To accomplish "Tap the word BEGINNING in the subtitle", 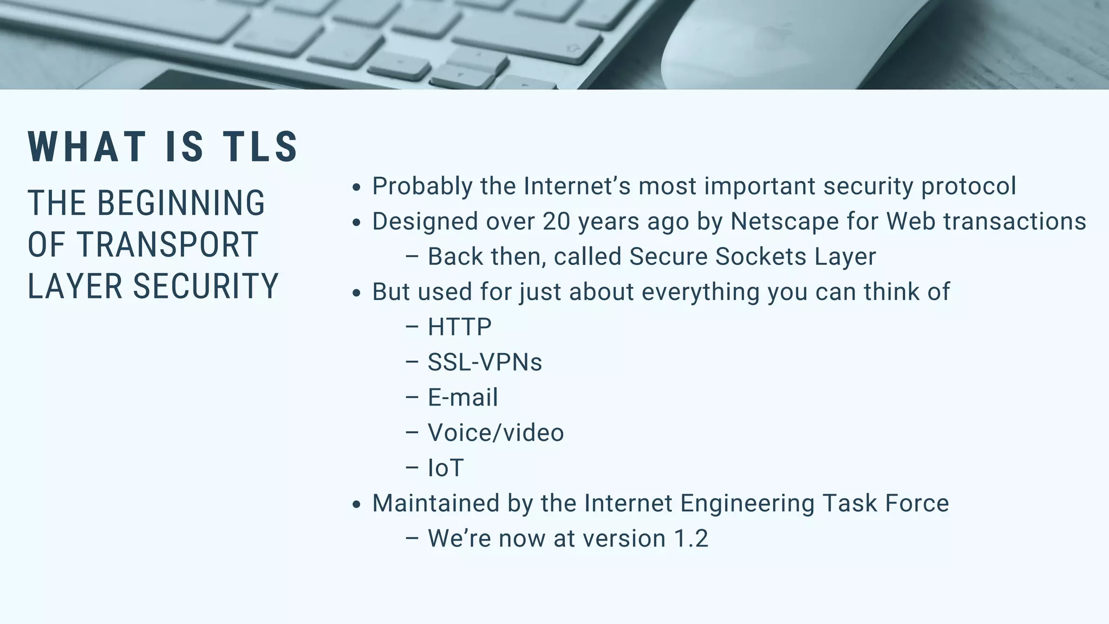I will pos(181,203).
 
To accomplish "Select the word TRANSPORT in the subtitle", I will pos(167,245).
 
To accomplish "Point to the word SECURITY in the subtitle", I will pos(206,286).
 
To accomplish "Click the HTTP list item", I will pos(460,327).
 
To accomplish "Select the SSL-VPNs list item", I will pos(485,362).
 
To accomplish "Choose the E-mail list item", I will pos(462,397).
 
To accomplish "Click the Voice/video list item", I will pos(495,432).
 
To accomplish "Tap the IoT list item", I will pos(446,467).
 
